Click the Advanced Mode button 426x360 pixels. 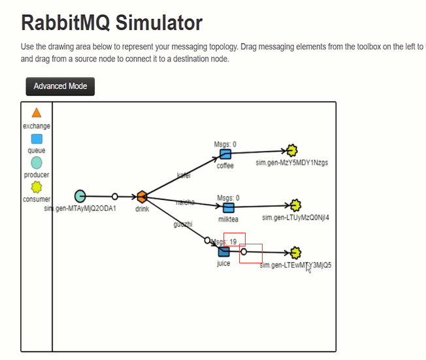point(60,86)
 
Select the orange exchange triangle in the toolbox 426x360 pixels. point(37,113)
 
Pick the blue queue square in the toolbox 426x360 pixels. point(37,139)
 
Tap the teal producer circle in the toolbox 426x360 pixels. point(37,162)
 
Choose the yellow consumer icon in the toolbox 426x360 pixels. point(37,187)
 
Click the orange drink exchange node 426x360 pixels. point(142,196)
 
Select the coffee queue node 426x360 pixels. point(225,154)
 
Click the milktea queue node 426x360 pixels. point(229,208)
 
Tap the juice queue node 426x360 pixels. point(224,252)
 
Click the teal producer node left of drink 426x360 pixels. point(80,195)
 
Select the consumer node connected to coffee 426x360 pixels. point(292,151)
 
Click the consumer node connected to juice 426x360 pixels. point(296,252)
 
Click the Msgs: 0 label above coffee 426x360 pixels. point(225,144)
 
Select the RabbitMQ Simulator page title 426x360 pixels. point(112,24)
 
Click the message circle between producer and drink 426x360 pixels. point(115,196)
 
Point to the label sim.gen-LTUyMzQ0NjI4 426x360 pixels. point(295,217)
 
